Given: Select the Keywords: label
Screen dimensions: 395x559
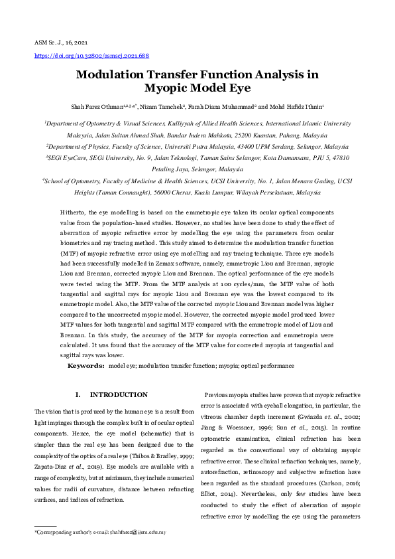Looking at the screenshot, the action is click(x=86, y=366).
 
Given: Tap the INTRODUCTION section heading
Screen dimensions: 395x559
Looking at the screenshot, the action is click(x=119, y=395).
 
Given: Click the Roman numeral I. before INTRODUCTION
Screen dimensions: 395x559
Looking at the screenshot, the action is click(x=78, y=395).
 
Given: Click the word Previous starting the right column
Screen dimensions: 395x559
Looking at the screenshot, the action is click(x=221, y=395).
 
